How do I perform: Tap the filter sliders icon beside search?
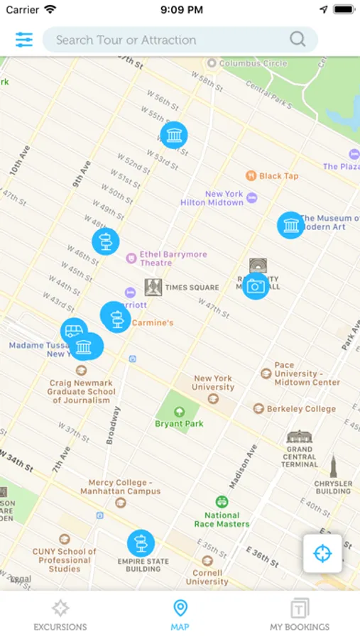coord(24,40)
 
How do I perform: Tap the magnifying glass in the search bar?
coord(298,40)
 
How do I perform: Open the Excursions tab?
coord(60,615)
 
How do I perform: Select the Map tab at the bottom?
coord(180,615)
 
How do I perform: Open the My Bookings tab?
coord(300,615)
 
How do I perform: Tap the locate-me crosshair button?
coord(322,553)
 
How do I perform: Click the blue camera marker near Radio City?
coord(256,286)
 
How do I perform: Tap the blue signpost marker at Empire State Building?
coord(141,543)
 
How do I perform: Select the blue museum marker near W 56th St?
coord(174,135)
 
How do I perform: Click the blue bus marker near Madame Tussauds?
coord(73,331)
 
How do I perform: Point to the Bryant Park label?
coord(179,424)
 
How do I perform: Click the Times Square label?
coord(192,288)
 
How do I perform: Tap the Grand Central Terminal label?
coord(299,457)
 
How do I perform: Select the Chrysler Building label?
coord(333,486)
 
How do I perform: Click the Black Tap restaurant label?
coord(278,176)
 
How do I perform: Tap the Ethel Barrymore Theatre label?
coord(163,258)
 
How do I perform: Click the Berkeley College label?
coord(301,409)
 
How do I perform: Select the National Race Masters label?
coord(222,520)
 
